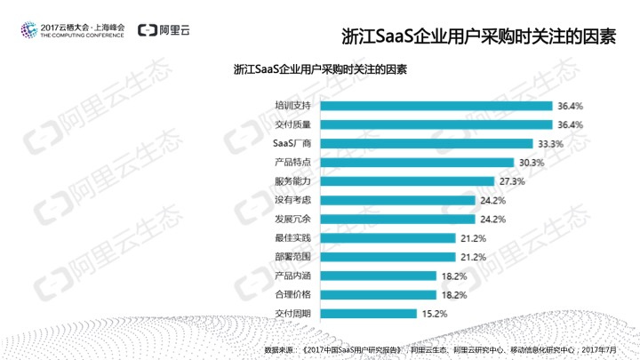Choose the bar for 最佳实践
coord(384,238)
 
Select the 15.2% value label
coord(433,314)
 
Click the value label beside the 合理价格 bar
coord(453,295)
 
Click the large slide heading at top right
coord(479,37)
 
